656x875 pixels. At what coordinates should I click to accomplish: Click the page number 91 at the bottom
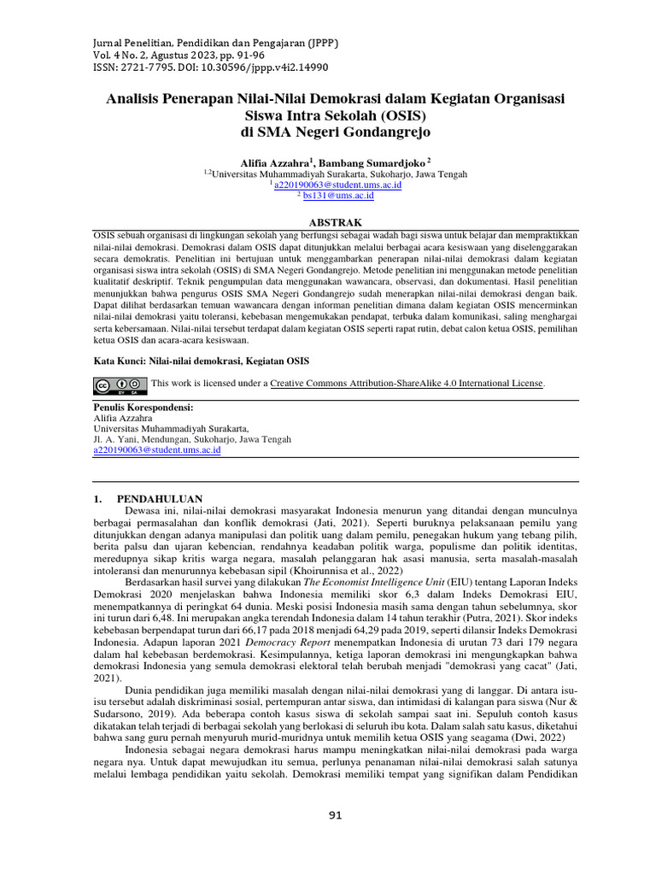click(x=335, y=815)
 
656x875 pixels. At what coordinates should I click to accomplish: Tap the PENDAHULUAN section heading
click(x=159, y=498)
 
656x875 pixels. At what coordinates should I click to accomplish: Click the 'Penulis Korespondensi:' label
click(x=143, y=408)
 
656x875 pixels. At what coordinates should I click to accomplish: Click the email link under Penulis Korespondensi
click(x=156, y=449)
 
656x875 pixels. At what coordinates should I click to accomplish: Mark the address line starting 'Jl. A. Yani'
click(x=191, y=439)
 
